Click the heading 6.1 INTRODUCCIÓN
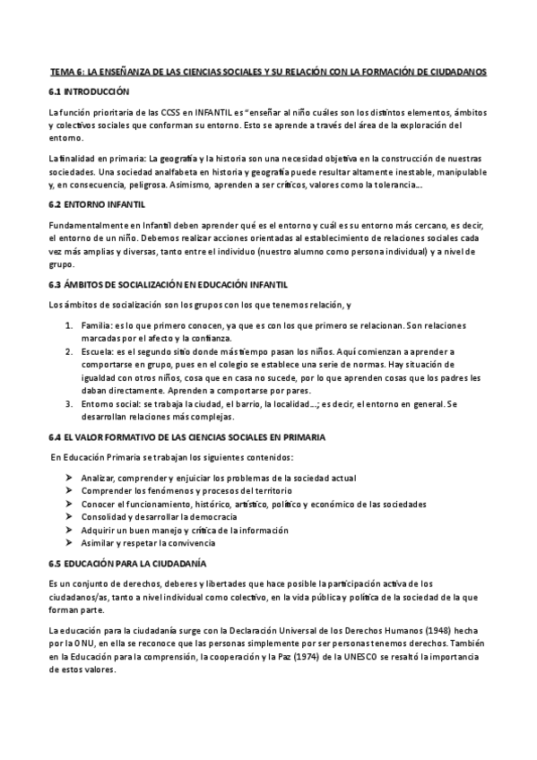(89, 91)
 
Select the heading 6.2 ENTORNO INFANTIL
(96, 204)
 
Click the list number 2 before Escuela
(69, 353)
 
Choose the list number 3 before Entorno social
(69, 404)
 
